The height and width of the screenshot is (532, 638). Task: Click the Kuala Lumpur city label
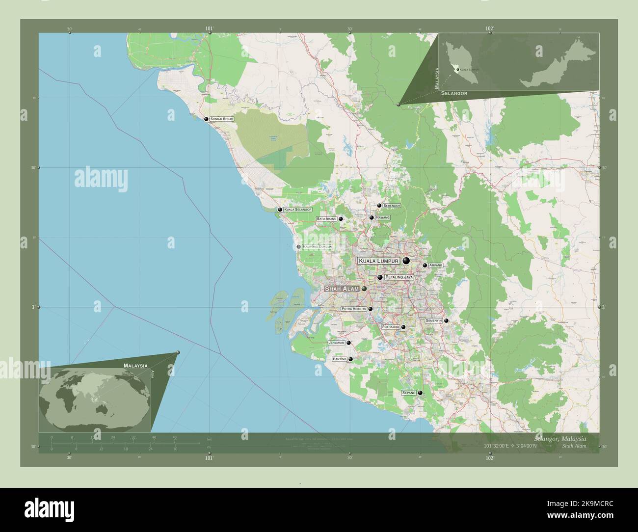[378, 261]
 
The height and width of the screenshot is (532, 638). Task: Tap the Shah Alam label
[342, 289]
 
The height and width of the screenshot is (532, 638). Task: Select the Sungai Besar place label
[222, 119]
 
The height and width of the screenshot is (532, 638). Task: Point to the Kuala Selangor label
[298, 210]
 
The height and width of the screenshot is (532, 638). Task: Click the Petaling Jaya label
[399, 277]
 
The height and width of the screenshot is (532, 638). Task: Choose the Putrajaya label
[390, 327]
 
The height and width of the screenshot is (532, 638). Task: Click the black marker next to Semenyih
[446, 320]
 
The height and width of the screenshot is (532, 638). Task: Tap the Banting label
[340, 359]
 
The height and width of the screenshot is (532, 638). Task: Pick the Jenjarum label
[337, 343]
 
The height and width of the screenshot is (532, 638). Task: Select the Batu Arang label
[326, 218]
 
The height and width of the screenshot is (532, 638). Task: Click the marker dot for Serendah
[379, 206]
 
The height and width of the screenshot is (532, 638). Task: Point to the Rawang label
[383, 217]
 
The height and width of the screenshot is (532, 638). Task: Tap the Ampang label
[436, 265]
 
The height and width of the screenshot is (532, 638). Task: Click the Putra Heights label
[353, 309]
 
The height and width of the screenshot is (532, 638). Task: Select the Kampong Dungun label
[317, 246]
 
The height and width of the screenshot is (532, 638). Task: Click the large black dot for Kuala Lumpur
[406, 261]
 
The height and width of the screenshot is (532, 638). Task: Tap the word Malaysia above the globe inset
[136, 366]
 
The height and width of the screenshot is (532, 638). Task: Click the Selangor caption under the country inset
[454, 93]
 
